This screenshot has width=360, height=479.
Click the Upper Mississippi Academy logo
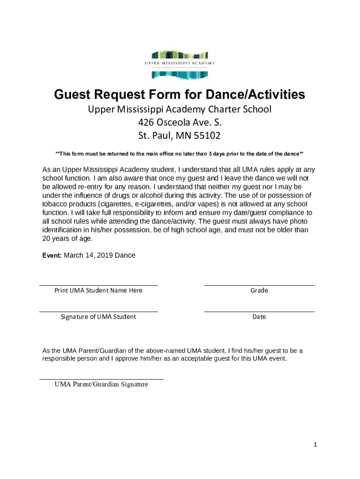click(180, 63)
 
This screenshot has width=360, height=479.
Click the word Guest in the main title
click(76, 95)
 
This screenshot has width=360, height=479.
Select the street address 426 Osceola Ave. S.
click(180, 123)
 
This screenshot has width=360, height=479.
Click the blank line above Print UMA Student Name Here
click(99, 285)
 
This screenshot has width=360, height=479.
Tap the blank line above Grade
click(259, 285)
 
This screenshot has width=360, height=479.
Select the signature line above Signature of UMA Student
click(99, 311)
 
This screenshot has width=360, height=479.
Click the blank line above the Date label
click(259, 311)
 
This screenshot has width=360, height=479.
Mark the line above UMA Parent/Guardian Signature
click(101, 379)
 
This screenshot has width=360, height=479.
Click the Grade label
click(259, 290)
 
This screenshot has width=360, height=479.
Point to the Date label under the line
click(259, 317)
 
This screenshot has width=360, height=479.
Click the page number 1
click(316, 445)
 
